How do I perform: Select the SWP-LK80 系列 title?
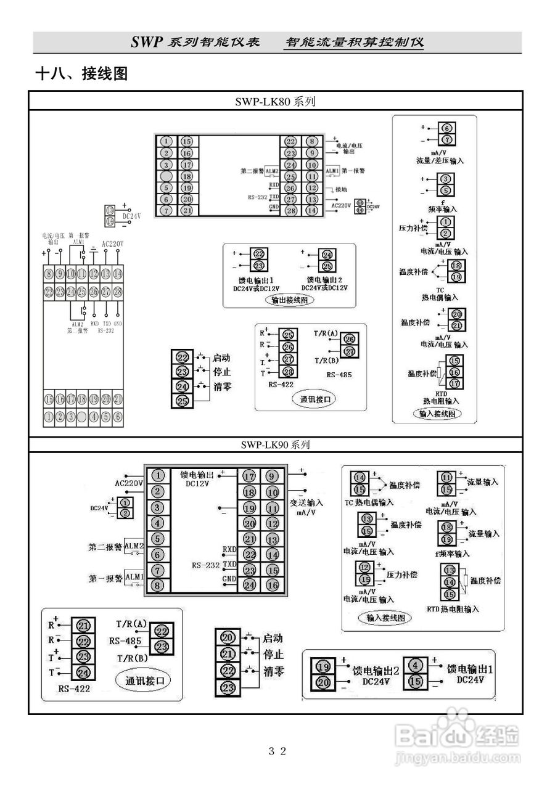275,102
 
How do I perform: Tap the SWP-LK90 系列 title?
275,444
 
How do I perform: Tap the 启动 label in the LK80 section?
221,358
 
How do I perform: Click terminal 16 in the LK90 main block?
272,585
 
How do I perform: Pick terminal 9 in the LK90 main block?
272,476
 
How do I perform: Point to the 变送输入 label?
306,502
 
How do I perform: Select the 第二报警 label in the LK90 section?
105,547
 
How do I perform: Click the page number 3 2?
277,751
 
